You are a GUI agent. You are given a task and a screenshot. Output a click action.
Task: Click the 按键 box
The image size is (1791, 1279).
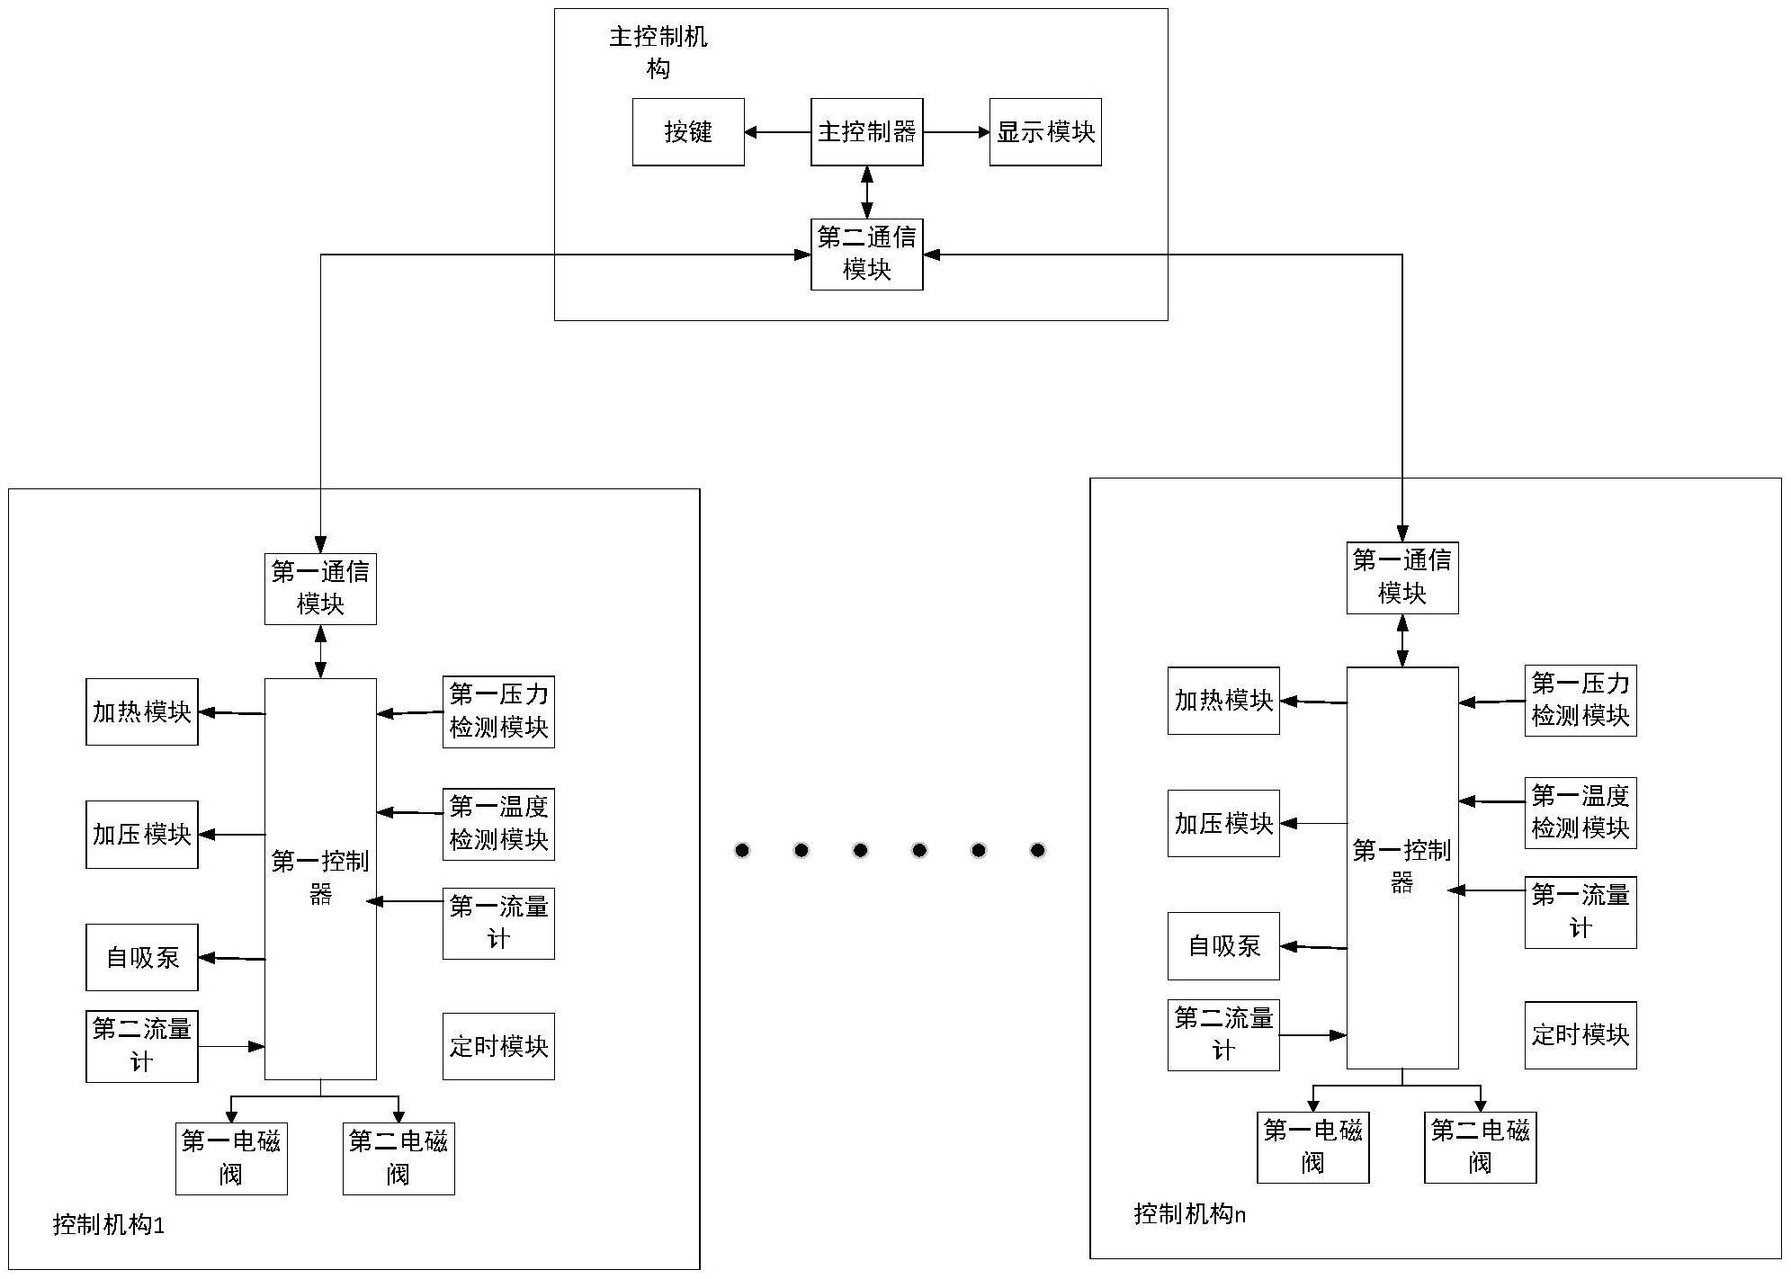pos(688,132)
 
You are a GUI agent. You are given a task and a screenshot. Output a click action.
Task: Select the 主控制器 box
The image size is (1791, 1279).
pos(866,132)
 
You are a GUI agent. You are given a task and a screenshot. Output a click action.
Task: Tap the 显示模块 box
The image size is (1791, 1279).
pos(1045,132)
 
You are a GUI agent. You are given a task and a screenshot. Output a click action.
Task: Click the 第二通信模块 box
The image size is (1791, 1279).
pos(866,255)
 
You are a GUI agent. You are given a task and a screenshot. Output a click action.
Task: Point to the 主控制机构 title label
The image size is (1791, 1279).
pos(658,52)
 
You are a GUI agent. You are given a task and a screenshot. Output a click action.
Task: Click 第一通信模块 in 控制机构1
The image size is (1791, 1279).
pos(320,588)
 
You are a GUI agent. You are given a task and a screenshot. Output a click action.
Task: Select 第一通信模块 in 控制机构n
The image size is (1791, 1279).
pos(1401,577)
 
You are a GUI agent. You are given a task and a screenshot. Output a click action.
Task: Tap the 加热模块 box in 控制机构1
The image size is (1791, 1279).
pos(141,712)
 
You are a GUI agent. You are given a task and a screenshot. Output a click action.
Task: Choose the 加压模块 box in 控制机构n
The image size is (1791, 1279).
pos(1223,823)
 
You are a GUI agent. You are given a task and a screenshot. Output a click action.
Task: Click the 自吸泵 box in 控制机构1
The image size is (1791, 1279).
pos(141,957)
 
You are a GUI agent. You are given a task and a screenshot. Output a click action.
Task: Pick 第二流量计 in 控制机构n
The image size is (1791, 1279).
pos(1223,1034)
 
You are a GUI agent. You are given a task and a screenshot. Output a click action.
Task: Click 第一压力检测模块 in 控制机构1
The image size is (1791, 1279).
pos(498,711)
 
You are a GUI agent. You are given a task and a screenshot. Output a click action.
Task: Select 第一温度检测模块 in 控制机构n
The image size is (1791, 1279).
pos(1581,812)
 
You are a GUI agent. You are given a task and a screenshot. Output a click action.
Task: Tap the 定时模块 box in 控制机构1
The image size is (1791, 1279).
pos(498,1046)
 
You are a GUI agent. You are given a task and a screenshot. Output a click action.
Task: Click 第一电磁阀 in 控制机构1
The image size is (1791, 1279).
pos(231,1158)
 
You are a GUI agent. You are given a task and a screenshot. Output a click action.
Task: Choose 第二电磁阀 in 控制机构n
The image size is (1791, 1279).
pos(1480,1147)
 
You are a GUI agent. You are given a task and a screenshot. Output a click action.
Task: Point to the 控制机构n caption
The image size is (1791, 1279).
pos(1189,1214)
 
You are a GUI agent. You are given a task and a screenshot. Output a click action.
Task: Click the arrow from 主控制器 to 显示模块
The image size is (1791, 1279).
pos(956,132)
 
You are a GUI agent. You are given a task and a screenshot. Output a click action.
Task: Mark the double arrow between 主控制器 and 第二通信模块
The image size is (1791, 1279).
pos(866,192)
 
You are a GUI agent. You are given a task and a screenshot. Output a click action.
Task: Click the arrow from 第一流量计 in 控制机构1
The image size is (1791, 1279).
pos(405,901)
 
